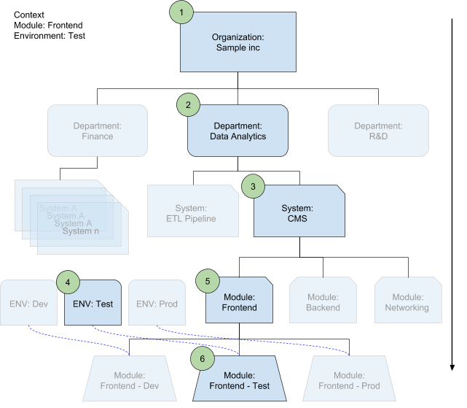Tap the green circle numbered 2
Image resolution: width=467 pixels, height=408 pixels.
(189, 105)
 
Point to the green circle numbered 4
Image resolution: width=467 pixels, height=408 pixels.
(68, 282)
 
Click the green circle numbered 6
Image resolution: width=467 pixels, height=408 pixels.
(203, 358)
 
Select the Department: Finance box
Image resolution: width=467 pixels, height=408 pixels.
(98, 131)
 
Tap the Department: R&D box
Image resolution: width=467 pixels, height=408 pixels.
(378, 131)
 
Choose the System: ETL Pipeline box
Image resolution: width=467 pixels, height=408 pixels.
(192, 212)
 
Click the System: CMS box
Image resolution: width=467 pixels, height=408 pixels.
(299, 213)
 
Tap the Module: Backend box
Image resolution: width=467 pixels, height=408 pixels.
(323, 302)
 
